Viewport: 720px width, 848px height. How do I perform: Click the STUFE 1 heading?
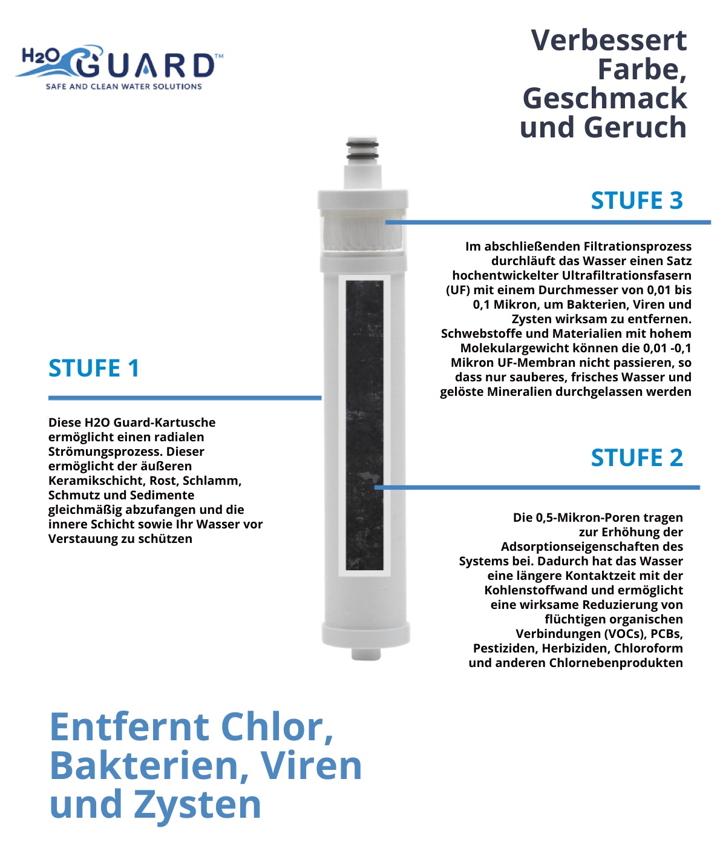coord(94,367)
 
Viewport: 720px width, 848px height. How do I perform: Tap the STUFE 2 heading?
coord(637,458)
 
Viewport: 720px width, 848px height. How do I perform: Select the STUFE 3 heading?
coord(637,200)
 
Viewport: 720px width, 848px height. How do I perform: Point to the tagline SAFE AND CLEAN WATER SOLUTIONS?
coord(124,87)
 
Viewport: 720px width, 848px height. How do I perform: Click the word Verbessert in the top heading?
coord(609,40)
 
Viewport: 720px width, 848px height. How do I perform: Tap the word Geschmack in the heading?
coord(605,99)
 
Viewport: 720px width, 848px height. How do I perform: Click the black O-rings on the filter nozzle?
coord(362,150)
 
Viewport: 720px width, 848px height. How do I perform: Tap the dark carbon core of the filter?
coord(364,425)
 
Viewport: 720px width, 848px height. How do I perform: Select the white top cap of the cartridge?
coord(363,200)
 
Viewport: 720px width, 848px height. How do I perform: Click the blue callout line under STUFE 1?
coord(185,398)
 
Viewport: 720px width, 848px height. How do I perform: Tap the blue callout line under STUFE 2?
coord(537,487)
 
